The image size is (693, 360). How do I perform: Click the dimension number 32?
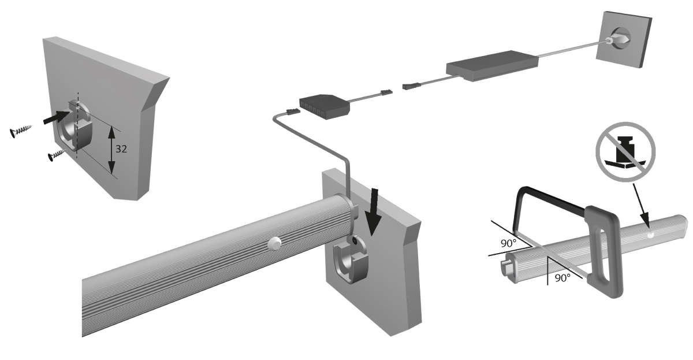pos(121,149)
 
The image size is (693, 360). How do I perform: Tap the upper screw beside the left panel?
pos(21,131)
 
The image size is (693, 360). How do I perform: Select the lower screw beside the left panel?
pos(57,155)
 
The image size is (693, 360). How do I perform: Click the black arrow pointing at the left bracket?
pos(57,117)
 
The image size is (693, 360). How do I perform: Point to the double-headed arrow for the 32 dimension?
pos(111,150)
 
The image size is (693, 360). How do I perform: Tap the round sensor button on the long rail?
pos(274,243)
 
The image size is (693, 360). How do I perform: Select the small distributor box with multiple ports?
pos(325,106)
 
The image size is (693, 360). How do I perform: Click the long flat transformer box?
pos(492,66)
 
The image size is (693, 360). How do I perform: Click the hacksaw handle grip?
pos(603,251)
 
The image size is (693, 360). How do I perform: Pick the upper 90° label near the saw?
pos(509,244)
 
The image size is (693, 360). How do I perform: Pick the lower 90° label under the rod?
pos(562,278)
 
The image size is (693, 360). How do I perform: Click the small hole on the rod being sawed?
pos(650,235)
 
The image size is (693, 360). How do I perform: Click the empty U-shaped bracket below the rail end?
pos(350,261)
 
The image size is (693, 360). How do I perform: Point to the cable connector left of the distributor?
pos(293,111)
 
